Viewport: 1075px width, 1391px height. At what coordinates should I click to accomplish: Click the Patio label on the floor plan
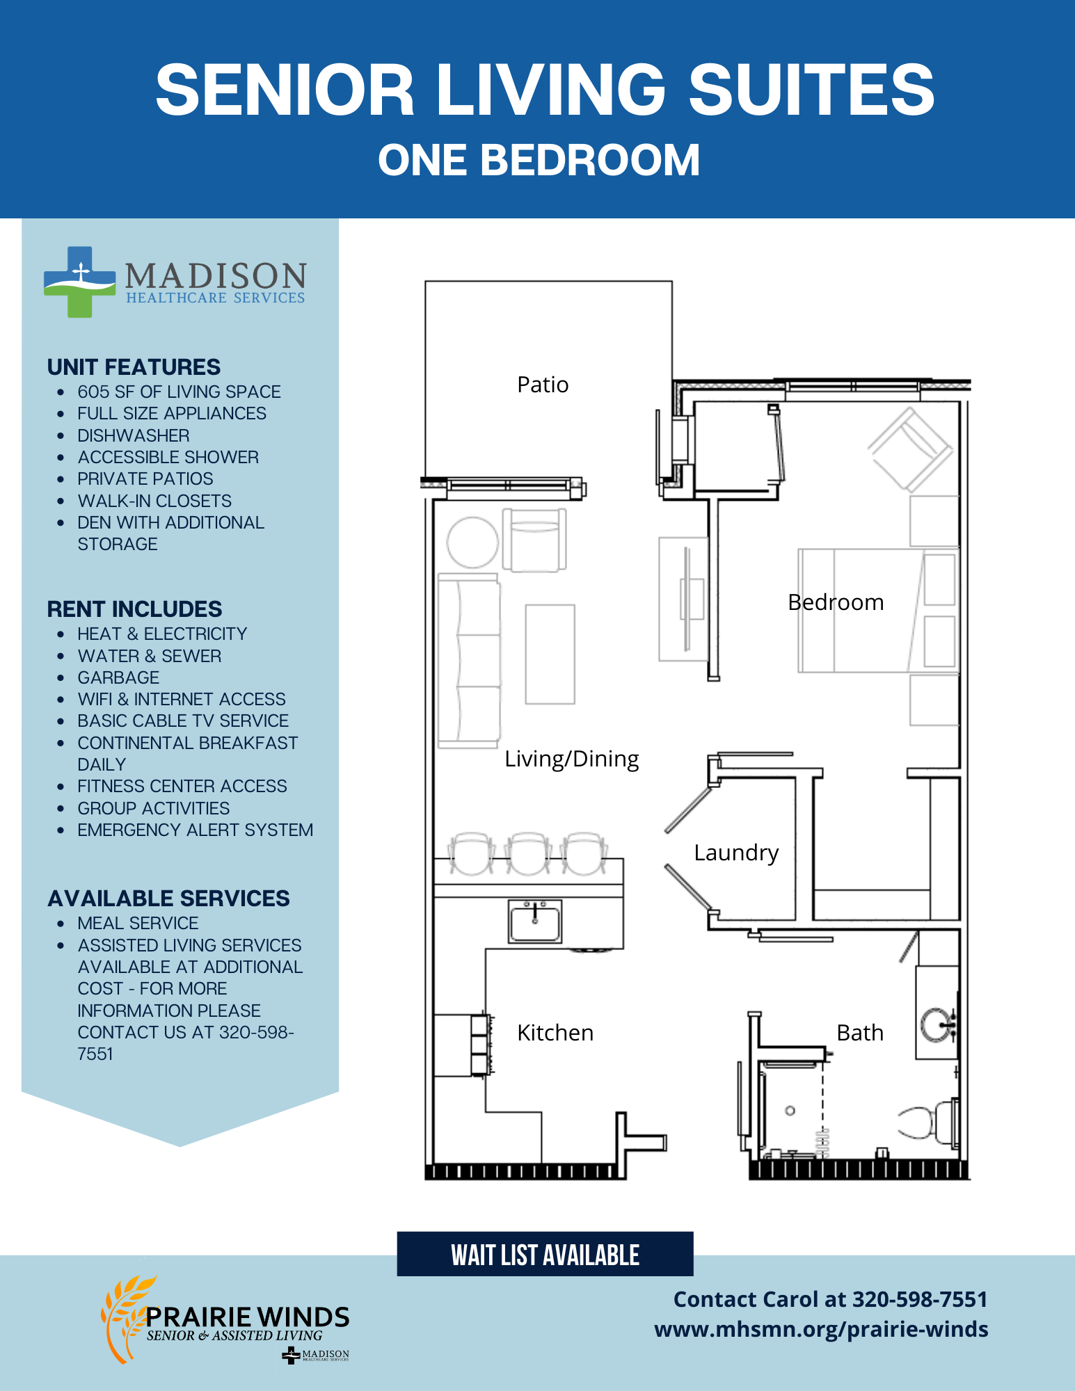point(543,385)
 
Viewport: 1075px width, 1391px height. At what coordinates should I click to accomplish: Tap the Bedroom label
point(836,602)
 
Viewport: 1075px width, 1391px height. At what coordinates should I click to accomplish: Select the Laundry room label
point(736,853)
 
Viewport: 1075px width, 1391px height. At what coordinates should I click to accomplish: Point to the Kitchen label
point(555,1033)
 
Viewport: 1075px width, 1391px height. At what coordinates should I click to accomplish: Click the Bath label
point(860,1033)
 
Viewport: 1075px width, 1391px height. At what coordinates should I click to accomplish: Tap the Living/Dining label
point(571,759)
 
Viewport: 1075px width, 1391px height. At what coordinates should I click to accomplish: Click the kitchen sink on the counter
point(534,922)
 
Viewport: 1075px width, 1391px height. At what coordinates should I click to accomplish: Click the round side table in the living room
point(472,542)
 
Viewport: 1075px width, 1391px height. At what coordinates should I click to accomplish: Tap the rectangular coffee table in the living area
point(550,654)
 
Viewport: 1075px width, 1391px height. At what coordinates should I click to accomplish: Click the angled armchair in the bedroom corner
point(910,449)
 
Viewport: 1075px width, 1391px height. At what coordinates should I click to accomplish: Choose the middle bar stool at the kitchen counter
point(527,853)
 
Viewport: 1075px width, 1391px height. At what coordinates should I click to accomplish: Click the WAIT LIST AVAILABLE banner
point(545,1254)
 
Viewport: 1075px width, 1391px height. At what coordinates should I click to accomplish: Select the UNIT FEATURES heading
point(134,367)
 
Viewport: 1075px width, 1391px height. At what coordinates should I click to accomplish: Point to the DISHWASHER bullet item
point(134,435)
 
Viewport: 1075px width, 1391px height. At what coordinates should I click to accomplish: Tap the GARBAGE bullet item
point(118,677)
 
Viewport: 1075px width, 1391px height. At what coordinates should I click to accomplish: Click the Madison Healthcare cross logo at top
point(79,282)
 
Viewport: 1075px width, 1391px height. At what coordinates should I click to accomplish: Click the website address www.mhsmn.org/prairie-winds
point(821,1329)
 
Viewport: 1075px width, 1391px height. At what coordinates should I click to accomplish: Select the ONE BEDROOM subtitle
point(539,160)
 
